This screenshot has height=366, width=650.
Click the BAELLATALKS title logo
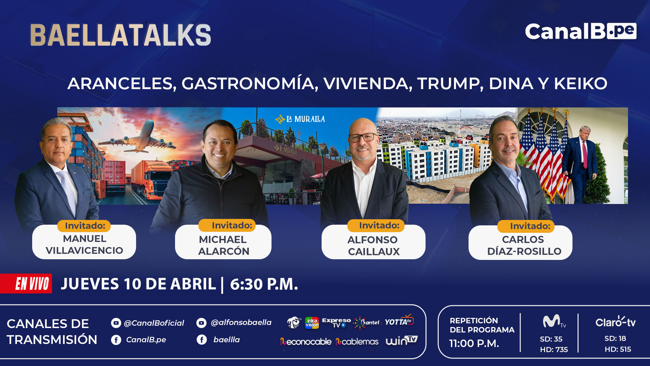121,35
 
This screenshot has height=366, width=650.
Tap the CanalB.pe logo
581,32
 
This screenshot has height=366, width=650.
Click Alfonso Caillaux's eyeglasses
363,138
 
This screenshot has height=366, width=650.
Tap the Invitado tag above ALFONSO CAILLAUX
376,226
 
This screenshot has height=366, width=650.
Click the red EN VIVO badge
26,283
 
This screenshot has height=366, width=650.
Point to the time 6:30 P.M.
264,284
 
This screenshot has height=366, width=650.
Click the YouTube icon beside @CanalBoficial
116,323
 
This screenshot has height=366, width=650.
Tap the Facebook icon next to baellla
202,340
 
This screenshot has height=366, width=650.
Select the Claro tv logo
615,322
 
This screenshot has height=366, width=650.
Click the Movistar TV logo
554,321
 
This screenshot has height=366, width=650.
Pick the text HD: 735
554,349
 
